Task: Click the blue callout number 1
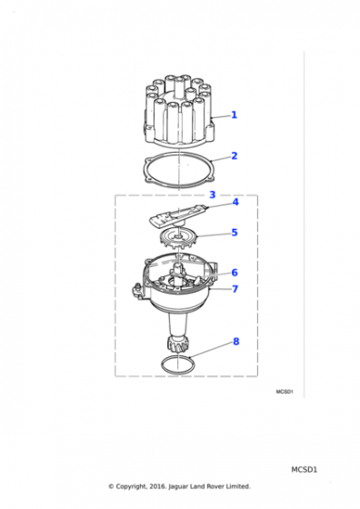[234, 115]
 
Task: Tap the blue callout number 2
[235, 155]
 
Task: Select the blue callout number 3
[213, 195]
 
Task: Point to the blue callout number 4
[235, 202]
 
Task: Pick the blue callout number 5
[235, 233]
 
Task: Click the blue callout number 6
[235, 273]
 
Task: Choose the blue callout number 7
[235, 289]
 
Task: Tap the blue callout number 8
[236, 342]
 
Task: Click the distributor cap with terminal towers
[178, 111]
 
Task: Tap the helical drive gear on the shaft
[175, 344]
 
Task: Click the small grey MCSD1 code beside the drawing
[285, 392]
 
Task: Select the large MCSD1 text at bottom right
[304, 470]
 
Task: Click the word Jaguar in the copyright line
[178, 486]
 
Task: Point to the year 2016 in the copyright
[158, 486]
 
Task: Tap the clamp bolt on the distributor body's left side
[138, 289]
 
